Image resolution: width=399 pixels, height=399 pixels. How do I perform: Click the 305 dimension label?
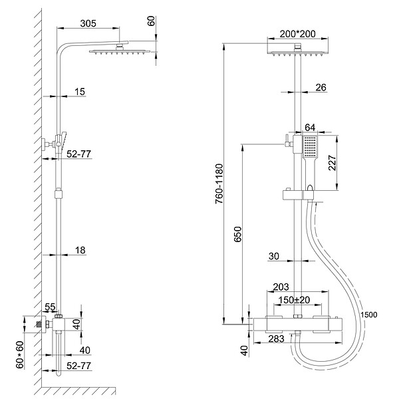coord(88,23)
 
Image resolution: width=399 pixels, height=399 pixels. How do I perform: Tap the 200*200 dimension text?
coord(297,34)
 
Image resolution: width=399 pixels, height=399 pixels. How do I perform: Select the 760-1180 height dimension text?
coord(219,184)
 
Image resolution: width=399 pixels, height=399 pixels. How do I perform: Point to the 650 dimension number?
coord(237,234)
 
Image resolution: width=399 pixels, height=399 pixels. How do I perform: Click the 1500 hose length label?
coord(368,315)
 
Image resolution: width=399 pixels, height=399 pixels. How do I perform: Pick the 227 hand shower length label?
coord(332,163)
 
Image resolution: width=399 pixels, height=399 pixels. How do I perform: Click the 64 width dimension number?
coord(310,127)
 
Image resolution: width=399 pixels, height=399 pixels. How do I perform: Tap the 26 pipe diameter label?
coord(321,87)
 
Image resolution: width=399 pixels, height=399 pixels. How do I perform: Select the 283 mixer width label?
coord(276,338)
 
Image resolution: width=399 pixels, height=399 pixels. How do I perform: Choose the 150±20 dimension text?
coord(294,300)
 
